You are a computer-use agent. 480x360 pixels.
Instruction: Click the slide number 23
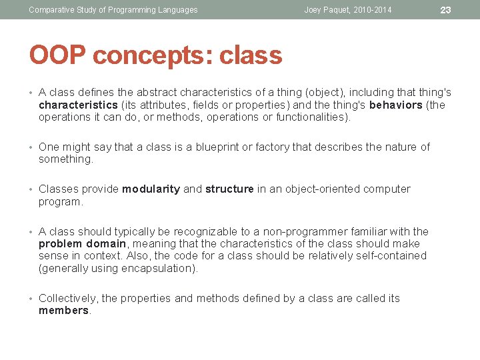point(446,9)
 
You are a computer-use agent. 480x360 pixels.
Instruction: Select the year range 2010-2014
point(374,10)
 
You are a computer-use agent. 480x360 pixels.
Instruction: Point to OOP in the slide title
point(57,56)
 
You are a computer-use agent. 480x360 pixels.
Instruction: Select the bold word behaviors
point(395,105)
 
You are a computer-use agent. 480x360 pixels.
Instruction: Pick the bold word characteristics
point(78,105)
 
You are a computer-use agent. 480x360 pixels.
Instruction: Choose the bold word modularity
point(151,189)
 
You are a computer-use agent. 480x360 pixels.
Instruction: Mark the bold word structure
point(229,189)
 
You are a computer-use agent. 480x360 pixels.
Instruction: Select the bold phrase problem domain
point(83,244)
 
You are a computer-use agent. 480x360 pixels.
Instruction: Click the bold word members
point(63,311)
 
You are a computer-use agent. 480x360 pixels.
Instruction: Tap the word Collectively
point(68,299)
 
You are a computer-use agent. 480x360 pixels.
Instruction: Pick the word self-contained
point(391,256)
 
